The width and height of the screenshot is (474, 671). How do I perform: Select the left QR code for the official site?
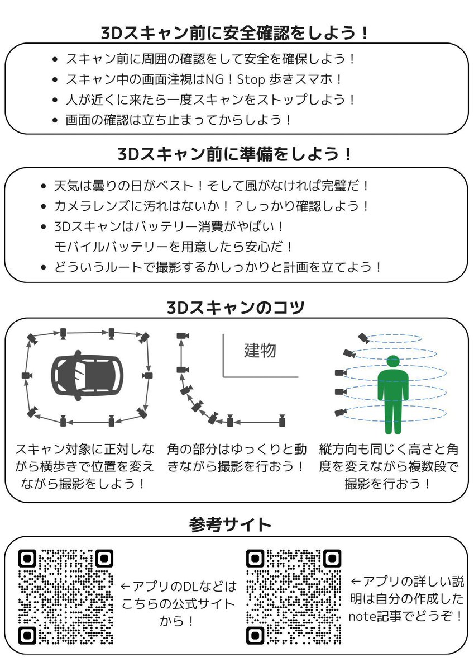(65, 597)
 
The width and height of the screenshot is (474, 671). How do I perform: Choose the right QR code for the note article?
(294, 597)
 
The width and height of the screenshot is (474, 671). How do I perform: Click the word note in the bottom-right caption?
(363, 617)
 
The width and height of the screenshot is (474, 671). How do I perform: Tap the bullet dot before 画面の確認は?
(54, 120)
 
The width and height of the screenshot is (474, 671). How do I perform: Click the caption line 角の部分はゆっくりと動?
(237, 449)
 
